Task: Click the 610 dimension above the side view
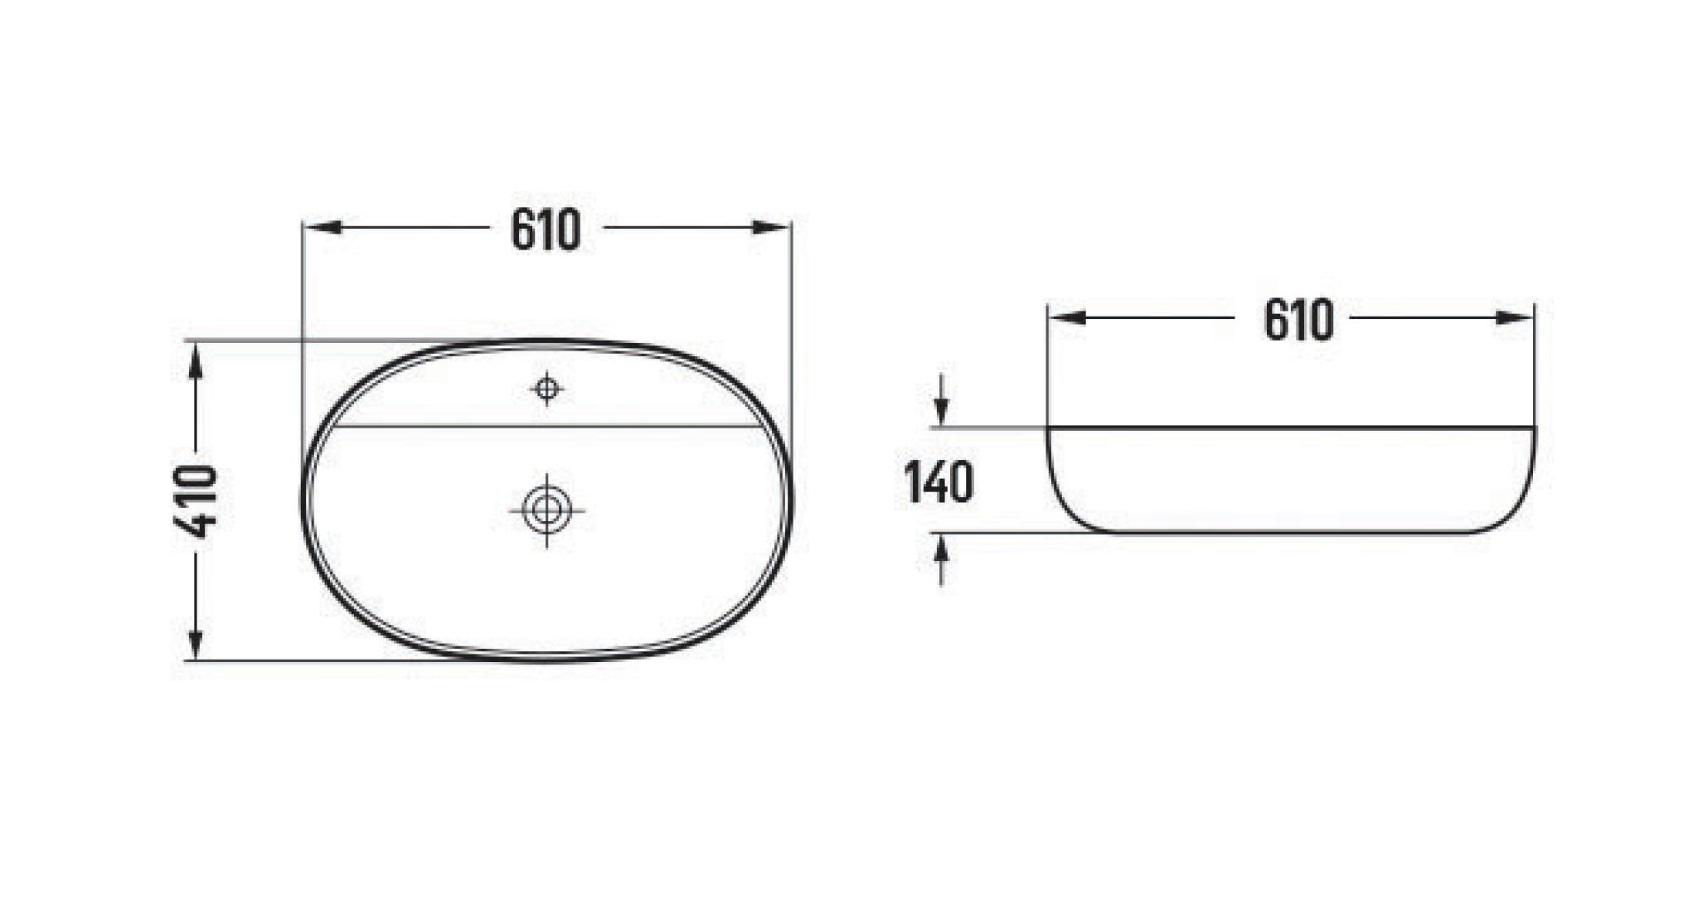[1298, 320]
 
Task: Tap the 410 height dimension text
[199, 501]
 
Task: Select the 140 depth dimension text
[939, 482]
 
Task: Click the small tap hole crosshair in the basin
[546, 388]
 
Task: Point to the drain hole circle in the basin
[546, 510]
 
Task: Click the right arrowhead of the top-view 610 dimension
[771, 228]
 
